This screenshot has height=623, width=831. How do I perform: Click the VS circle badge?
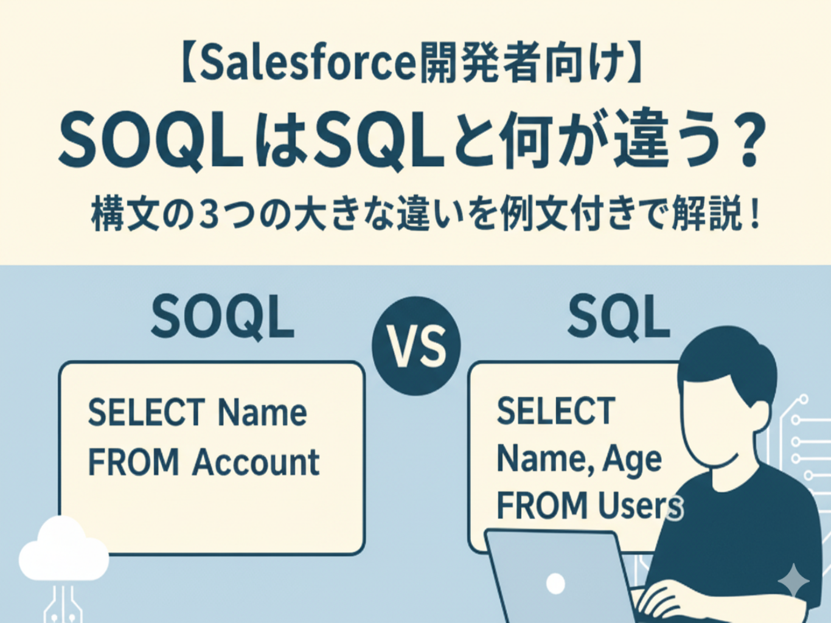pos(416,346)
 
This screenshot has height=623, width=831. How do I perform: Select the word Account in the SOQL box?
pos(256,462)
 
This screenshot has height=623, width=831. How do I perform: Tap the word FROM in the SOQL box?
pos(133,462)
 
